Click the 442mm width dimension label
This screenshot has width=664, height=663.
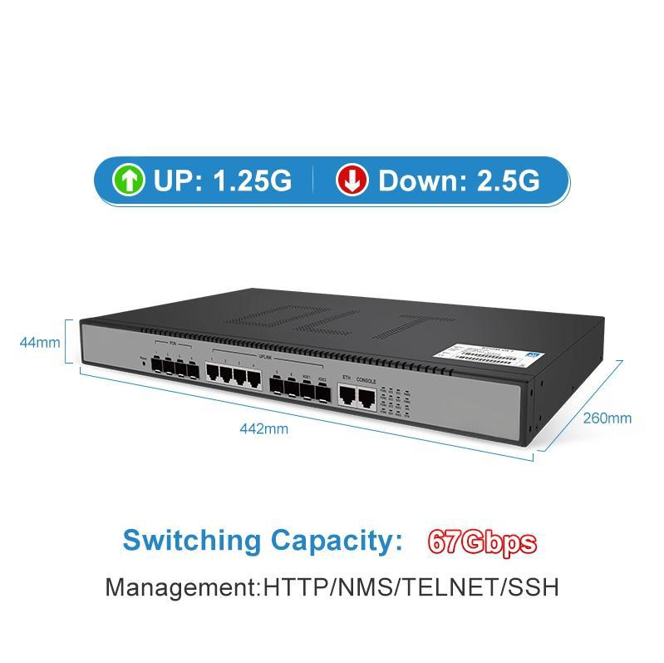[x=264, y=429]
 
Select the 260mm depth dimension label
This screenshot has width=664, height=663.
[x=607, y=418]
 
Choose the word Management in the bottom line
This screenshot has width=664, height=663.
[x=181, y=586]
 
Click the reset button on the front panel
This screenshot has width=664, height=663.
[x=145, y=363]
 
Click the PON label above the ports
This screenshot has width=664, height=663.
[x=173, y=342]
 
